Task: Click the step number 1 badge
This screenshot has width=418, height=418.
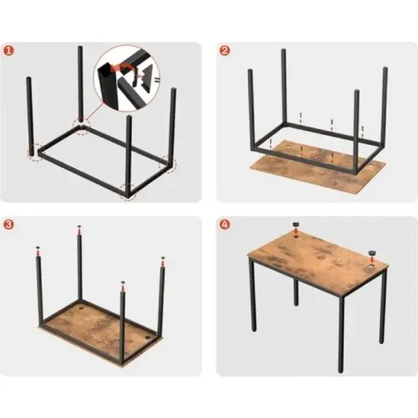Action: click(x=9, y=51)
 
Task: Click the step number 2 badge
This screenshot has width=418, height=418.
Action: click(x=224, y=51)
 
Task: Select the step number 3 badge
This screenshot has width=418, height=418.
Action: click(x=9, y=224)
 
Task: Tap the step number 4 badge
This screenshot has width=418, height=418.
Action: click(x=224, y=224)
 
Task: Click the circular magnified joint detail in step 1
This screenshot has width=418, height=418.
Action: click(x=127, y=78)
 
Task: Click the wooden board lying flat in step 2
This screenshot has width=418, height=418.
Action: click(x=318, y=167)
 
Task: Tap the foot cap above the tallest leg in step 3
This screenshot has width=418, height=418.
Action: click(x=79, y=227)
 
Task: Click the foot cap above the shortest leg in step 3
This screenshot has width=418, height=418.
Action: click(x=122, y=282)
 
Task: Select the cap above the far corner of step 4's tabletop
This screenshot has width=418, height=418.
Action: click(x=296, y=224)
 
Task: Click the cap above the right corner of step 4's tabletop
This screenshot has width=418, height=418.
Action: click(x=372, y=253)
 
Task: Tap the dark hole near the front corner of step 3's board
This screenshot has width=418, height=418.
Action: click(x=147, y=338)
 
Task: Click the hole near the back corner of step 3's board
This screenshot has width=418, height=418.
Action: click(x=81, y=309)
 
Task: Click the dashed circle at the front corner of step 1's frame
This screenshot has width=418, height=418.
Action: click(x=128, y=191)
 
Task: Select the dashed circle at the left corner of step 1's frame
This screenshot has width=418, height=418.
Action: click(x=35, y=153)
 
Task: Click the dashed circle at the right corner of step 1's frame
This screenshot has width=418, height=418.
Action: click(x=168, y=164)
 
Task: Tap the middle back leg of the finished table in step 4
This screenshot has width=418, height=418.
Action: click(x=296, y=293)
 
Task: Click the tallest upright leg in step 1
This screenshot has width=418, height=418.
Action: click(x=80, y=84)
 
